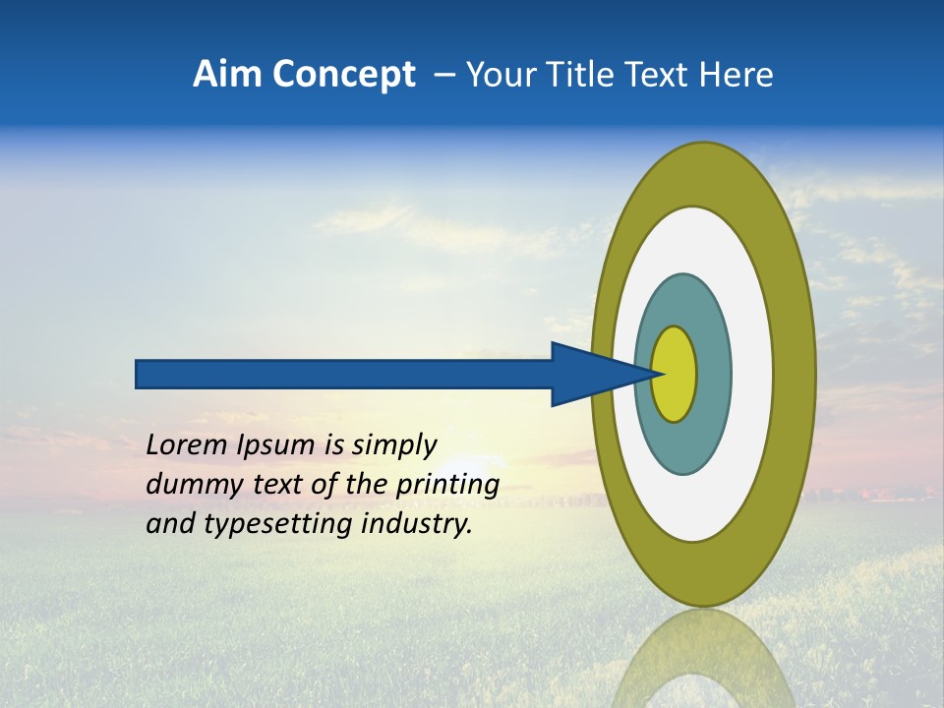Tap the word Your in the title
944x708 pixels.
499,75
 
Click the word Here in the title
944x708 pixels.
737,75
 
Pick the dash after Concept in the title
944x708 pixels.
444,76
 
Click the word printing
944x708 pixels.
447,486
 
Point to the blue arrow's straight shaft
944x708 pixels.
344,374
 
